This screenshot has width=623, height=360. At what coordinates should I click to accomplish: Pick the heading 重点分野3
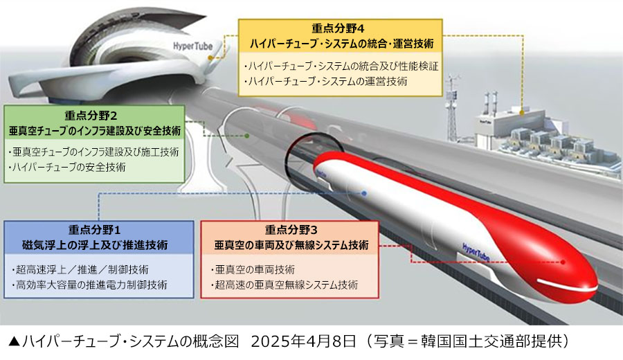coord(290,231)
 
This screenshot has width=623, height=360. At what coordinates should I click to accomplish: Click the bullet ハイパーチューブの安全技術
coord(68,167)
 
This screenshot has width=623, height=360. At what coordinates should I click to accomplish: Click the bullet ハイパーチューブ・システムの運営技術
coord(326,81)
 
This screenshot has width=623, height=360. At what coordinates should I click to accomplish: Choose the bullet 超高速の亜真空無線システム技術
coord(283,284)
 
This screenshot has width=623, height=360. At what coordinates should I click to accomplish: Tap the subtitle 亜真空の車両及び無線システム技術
coord(290,245)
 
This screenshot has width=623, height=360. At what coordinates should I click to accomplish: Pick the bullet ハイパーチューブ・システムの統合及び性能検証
coord(342,66)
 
